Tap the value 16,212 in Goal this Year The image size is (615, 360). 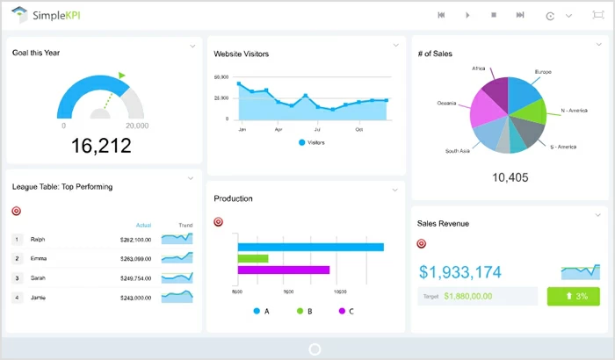tap(101, 145)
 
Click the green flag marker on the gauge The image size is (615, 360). tap(121, 76)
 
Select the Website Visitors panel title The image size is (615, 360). tap(242, 54)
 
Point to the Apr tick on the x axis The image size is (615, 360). tap(279, 129)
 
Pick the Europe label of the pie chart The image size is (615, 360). tap(543, 71)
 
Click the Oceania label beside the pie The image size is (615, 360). tap(447, 103)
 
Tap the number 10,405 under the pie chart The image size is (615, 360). tap(510, 177)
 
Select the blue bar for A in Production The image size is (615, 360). tap(310, 247)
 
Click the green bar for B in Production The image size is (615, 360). tap(253, 258)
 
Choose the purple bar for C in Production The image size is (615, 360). tap(283, 270)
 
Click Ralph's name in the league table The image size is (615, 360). tap(38, 239)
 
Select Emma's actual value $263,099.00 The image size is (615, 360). tap(135, 259)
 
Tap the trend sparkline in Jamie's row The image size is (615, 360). tap(177, 297)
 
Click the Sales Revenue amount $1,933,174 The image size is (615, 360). tap(460, 272)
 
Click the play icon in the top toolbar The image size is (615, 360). tap(467, 15)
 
